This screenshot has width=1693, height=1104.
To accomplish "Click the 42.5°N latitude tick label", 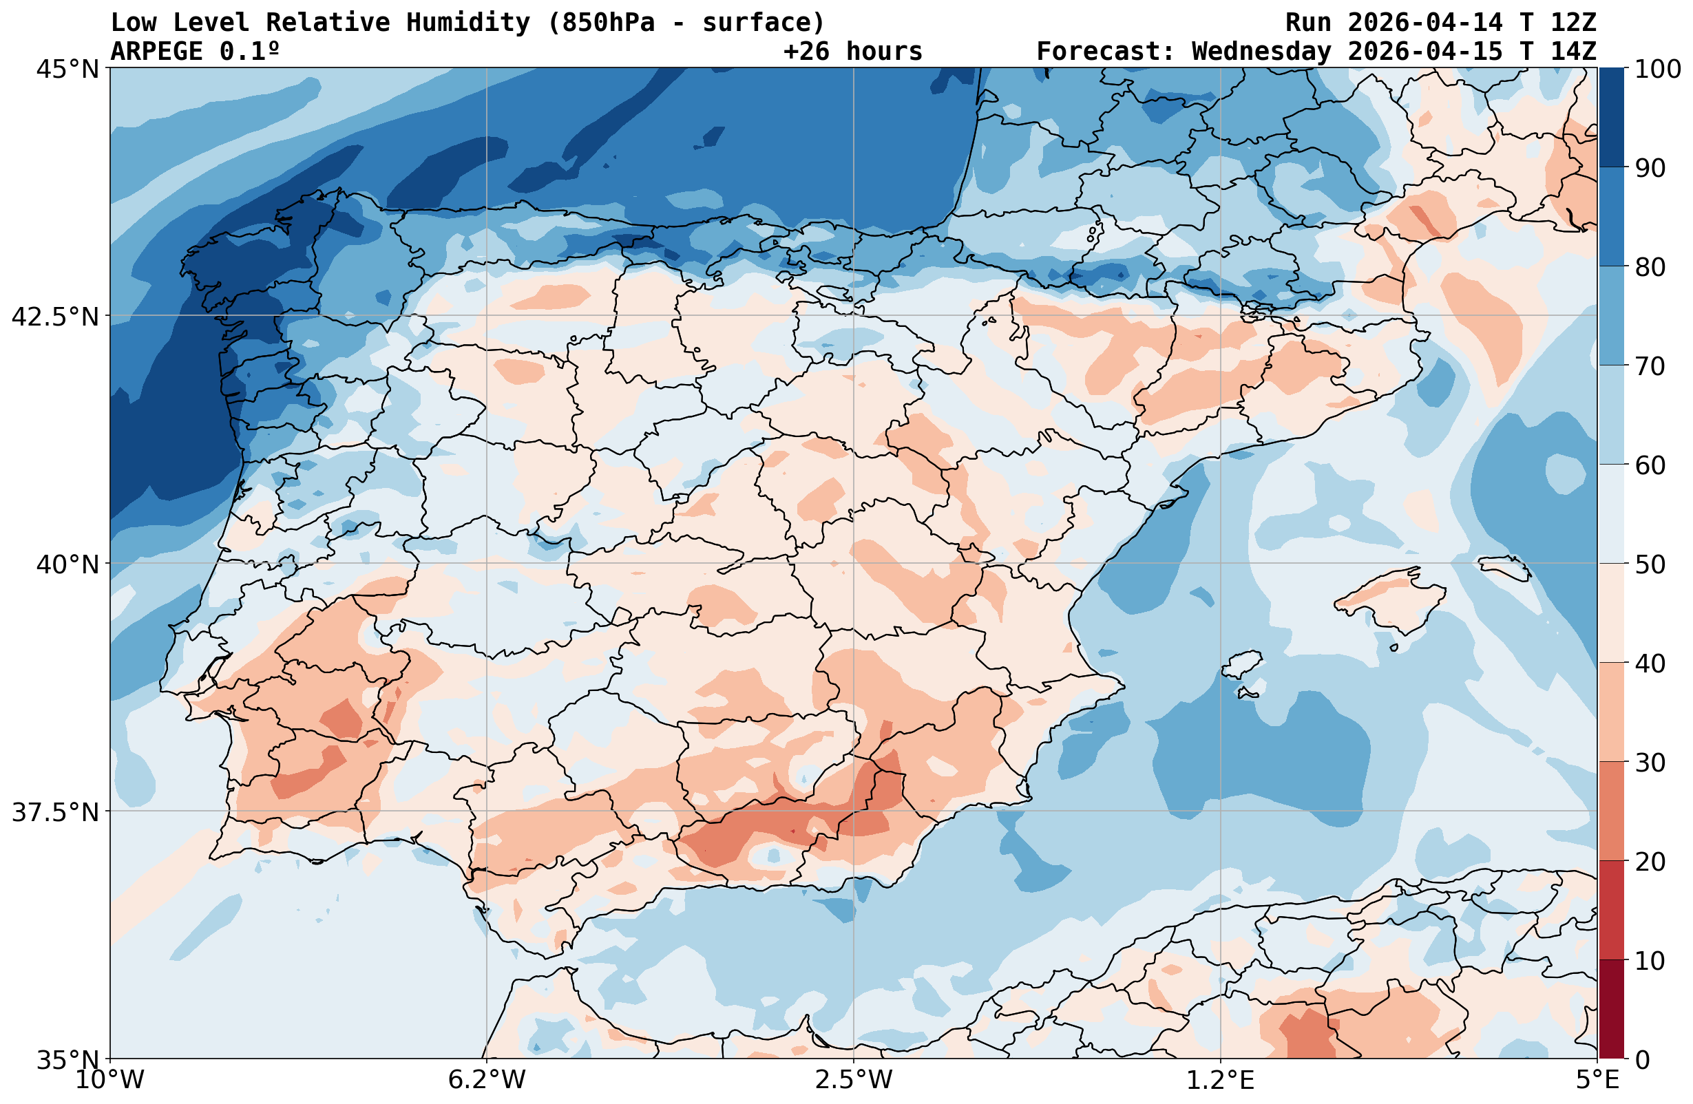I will [x=55, y=317].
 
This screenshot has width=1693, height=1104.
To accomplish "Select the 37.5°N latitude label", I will [x=55, y=812].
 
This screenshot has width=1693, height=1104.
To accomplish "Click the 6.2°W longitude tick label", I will [x=487, y=1080].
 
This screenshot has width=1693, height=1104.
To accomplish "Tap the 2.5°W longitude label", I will [x=854, y=1080].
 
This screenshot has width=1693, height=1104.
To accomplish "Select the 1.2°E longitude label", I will [x=1221, y=1080].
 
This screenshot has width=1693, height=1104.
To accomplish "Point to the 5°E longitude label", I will [x=1598, y=1080].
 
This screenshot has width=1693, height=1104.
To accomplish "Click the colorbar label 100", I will [x=1657, y=70].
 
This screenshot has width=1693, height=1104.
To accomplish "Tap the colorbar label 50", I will [x=1650, y=565].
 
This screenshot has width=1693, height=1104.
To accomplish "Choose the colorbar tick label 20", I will [x=1650, y=862].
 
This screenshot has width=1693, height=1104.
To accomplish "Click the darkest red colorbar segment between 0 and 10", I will [x=1612, y=1010].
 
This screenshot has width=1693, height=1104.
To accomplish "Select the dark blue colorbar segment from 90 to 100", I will [x=1612, y=118].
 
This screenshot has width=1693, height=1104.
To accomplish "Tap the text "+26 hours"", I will [x=853, y=52].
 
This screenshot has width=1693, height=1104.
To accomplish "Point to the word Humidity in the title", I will [x=468, y=23].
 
